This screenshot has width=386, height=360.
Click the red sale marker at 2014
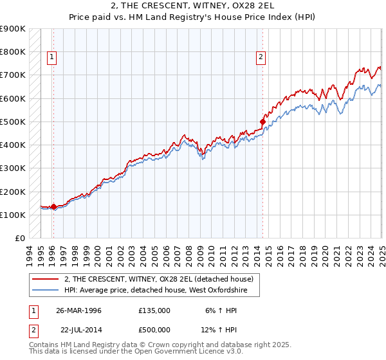click(x=262, y=121)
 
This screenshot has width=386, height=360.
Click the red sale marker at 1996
click(x=53, y=206)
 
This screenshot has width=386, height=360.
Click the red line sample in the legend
click(x=45, y=279)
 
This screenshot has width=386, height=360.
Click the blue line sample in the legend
click(x=45, y=291)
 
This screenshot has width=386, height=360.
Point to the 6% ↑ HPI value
click(x=221, y=310)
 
